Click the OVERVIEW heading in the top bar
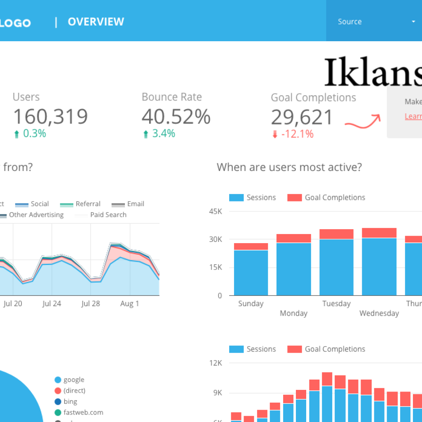(x=96, y=22)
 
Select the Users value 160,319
(x=50, y=117)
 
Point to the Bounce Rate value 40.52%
(x=176, y=117)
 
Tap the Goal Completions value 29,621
(x=302, y=117)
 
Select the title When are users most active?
(x=289, y=167)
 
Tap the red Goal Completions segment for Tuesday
(x=336, y=234)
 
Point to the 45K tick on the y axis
(x=215, y=211)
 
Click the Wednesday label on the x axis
(x=379, y=313)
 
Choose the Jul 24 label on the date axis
(x=52, y=304)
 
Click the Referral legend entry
(x=88, y=204)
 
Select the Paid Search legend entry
(x=108, y=215)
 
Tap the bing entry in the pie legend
(x=70, y=401)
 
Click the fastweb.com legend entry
(x=83, y=412)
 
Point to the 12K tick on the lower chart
(x=215, y=363)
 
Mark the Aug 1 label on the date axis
(x=129, y=304)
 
